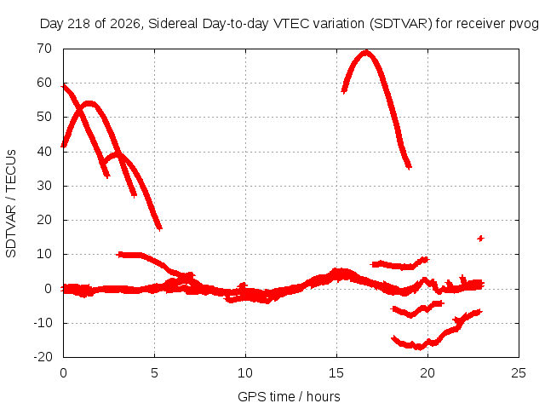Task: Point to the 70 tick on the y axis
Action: pyautogui.click(x=44, y=49)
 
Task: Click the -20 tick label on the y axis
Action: pyautogui.click(x=43, y=357)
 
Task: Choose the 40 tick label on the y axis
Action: pyautogui.click(x=44, y=152)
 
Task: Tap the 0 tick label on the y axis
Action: pyautogui.click(x=49, y=288)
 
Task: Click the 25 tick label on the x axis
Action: pyautogui.click(x=519, y=373)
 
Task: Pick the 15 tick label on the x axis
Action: pyautogui.click(x=336, y=373)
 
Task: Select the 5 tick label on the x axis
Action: pyautogui.click(x=154, y=373)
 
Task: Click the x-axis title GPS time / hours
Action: pyautogui.click(x=289, y=396)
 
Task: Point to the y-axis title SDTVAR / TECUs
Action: pyautogui.click(x=11, y=204)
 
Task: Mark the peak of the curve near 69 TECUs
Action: pyautogui.click(x=365, y=52)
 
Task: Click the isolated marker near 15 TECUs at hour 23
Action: pyautogui.click(x=480, y=239)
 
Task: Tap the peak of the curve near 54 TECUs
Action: pyautogui.click(x=89, y=104)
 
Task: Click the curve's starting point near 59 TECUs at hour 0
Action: pyautogui.click(x=64, y=86)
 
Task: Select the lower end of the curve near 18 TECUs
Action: pyautogui.click(x=159, y=228)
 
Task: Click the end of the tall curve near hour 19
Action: pyautogui.click(x=409, y=167)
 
